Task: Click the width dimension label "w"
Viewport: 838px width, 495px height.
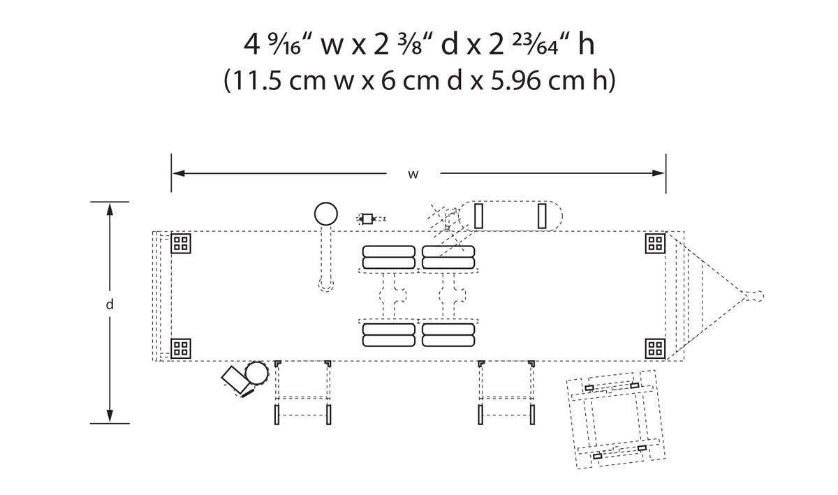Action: point(413,174)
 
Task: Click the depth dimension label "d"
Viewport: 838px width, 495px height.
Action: point(110,304)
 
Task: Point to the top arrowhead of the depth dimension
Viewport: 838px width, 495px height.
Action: point(110,207)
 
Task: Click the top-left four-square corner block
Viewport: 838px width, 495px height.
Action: point(182,243)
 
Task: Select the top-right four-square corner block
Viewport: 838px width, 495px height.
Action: point(655,243)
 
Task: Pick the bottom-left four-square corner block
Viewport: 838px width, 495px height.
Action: point(182,348)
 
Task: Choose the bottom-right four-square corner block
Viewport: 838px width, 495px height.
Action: point(655,348)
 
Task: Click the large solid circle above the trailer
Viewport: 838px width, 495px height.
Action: point(326,213)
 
